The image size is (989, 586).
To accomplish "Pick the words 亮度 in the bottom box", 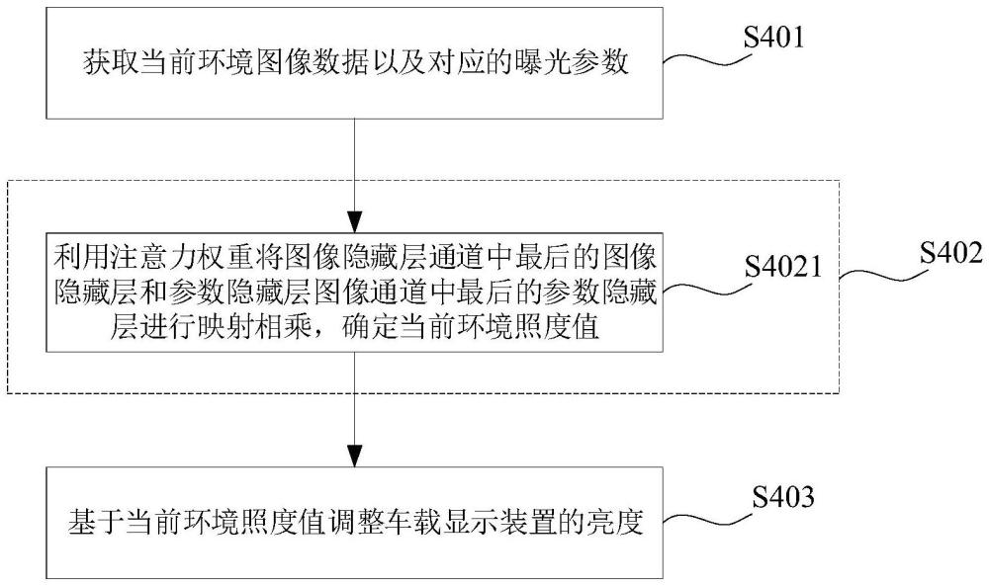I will click(620, 521).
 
